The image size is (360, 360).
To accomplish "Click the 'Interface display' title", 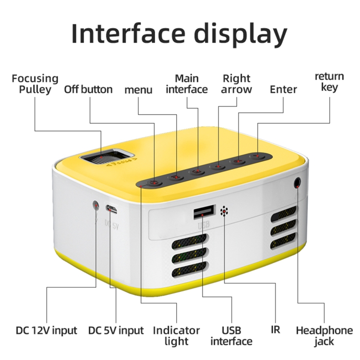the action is click(180, 34).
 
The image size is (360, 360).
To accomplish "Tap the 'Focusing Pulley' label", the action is click(35, 84).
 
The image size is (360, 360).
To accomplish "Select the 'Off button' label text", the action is click(88, 89).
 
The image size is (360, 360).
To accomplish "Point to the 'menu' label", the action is click(138, 90).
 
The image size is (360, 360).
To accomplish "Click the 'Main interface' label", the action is click(187, 84).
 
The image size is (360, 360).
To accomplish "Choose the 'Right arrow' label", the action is click(237, 84).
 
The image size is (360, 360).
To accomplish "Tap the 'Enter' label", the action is click(283, 89).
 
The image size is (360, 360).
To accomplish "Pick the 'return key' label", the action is click(329, 82).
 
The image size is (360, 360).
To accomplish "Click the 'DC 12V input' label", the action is click(47, 331).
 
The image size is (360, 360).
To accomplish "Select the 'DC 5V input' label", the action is click(116, 331).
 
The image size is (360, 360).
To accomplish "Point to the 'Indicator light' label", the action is click(176, 336).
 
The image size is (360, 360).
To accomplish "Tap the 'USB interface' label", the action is click(231, 336).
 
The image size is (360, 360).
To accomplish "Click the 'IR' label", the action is click(276, 330).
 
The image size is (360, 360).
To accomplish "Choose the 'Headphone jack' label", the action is click(324, 336).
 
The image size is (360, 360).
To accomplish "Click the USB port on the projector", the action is click(204, 212).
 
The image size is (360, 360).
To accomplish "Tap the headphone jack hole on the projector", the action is click(297, 183).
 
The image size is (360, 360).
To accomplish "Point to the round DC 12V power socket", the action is click(96, 205).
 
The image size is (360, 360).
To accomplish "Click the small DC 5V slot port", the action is click(111, 209).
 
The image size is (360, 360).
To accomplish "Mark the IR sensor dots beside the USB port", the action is click(224, 211).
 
